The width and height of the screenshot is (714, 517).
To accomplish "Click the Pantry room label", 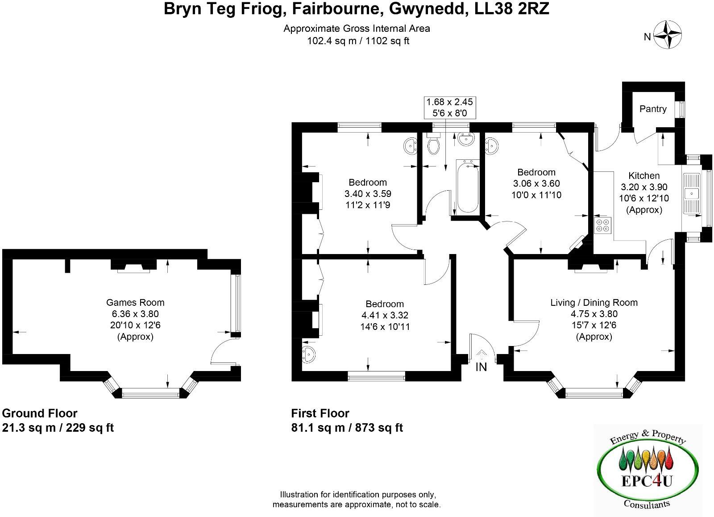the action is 653,109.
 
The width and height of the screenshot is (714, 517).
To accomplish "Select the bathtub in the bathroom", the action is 468,186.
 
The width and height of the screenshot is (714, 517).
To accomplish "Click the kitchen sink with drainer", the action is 691,193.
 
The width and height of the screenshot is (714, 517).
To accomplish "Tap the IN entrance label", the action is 481,367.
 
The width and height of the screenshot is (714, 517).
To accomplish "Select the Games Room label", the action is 135,302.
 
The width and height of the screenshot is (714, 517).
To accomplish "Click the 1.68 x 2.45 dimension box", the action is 450,108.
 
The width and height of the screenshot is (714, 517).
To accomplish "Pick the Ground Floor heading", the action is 40,413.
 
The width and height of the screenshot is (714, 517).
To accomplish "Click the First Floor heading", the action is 320,413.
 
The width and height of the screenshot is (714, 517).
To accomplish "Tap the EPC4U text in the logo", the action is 647,481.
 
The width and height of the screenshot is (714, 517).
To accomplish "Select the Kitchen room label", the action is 644,176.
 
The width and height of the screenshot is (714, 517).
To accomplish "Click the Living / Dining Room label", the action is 594,302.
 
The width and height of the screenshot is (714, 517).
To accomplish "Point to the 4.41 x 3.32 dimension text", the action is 385,315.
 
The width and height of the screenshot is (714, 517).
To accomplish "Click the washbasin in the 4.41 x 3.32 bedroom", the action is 308,354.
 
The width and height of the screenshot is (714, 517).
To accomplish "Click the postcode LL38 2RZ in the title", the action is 512,9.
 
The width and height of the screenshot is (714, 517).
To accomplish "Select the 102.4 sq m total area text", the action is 332,41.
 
